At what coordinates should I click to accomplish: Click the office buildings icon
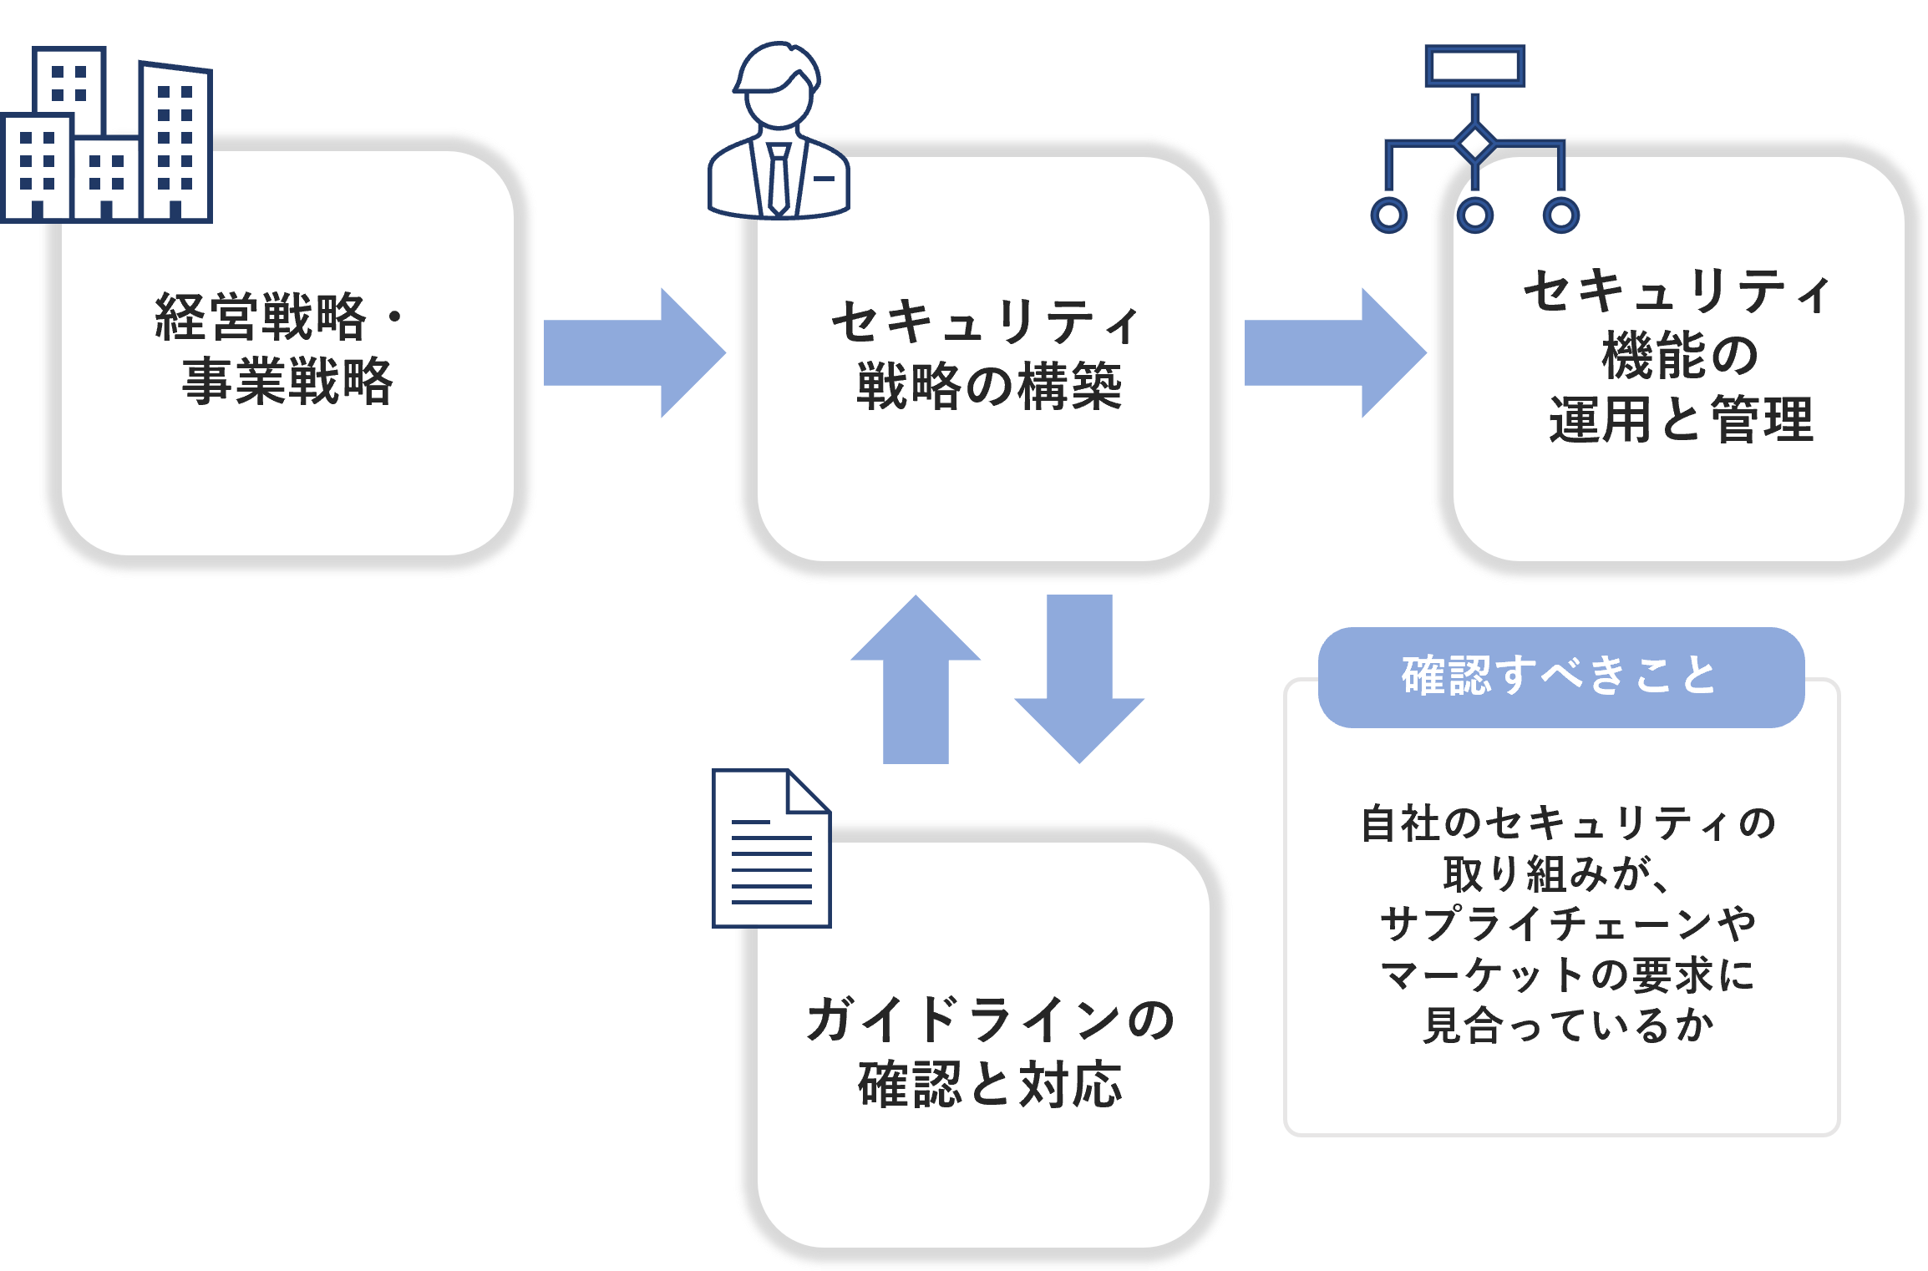(x=107, y=138)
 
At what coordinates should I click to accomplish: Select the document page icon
(x=771, y=848)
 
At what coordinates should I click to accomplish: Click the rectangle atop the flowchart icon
(x=1475, y=66)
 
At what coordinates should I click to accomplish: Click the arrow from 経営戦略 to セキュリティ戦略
(x=633, y=352)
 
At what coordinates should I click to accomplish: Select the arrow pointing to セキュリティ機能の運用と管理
(x=1334, y=352)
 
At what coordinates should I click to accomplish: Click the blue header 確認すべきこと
(x=1560, y=676)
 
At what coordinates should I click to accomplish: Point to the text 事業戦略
(x=287, y=381)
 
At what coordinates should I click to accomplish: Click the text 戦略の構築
(x=989, y=386)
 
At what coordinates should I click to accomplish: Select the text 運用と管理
(x=1681, y=419)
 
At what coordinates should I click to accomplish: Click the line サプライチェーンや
(x=1567, y=924)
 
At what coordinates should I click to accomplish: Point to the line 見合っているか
(x=1567, y=1025)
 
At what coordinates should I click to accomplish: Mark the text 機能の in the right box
(x=1681, y=355)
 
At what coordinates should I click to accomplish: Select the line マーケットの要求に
(x=1567, y=975)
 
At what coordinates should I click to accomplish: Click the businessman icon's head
(x=779, y=88)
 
